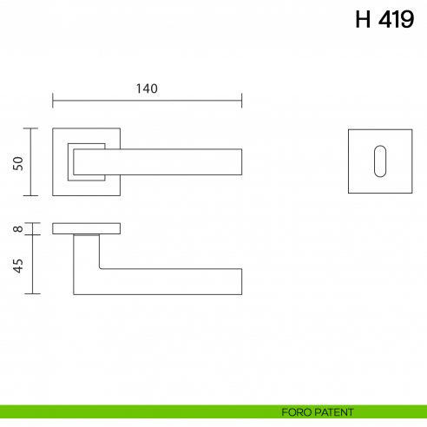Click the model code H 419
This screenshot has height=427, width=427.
click(384, 21)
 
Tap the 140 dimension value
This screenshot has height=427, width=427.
click(147, 88)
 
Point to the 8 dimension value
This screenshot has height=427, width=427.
click(17, 229)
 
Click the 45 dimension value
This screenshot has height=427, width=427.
click(17, 265)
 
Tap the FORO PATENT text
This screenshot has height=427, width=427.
click(318, 411)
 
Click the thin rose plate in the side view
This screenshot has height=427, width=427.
click(86, 228)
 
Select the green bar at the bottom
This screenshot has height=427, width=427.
click(130, 411)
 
